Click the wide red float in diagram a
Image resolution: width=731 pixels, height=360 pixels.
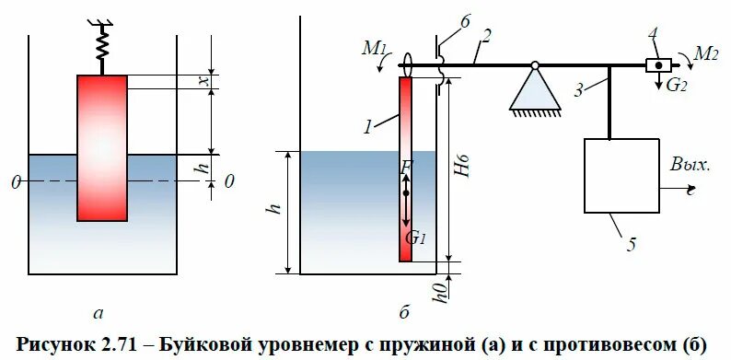click(101, 147)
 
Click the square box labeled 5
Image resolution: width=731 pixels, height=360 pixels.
click(621, 175)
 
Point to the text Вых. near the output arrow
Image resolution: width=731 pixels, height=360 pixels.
click(690, 167)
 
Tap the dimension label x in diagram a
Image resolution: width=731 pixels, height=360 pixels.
click(206, 81)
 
